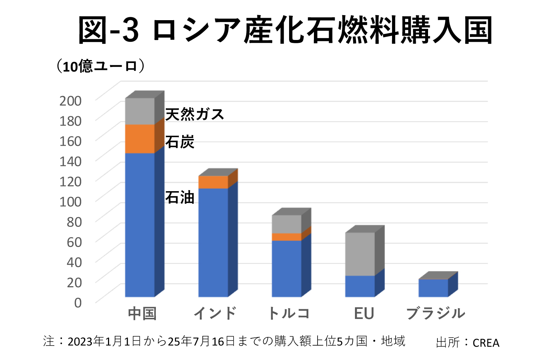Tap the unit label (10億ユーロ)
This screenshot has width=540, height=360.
pos(101,66)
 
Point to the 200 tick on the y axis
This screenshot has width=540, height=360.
pos(71,101)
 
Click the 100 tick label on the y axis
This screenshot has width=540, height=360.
pos(71,202)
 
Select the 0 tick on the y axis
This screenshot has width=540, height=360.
pos(78,303)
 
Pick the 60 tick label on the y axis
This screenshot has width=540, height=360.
pos(74,242)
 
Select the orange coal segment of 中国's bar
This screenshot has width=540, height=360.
pos(140,139)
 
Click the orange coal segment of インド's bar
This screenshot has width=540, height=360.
pos(213,182)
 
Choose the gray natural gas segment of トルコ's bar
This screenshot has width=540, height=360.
pos(287,224)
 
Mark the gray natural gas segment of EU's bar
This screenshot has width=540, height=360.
pos(360,254)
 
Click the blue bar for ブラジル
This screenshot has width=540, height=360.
pos(433,288)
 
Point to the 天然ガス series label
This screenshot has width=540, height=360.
pos(195,114)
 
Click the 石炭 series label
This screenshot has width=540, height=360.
pos(180,142)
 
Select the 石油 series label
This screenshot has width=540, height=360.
pos(180,198)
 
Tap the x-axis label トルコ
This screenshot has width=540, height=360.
pos(289,314)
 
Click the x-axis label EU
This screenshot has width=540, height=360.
pos(364,314)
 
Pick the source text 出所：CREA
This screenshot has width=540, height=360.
pos(467,342)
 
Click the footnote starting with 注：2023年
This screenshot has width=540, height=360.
pos(224,341)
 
